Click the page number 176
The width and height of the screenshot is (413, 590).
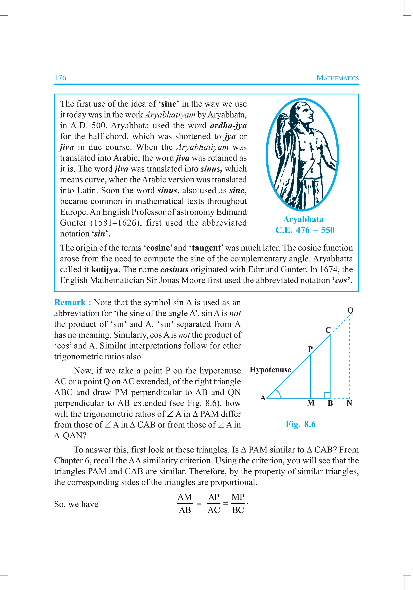pyautogui.click(x=60, y=78)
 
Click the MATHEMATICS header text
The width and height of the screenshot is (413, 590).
pyautogui.click(x=337, y=78)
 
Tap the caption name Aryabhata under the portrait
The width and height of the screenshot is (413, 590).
pyautogui.click(x=303, y=219)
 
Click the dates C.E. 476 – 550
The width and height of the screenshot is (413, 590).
pyautogui.click(x=305, y=230)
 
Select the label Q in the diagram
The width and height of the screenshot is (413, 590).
pyautogui.click(x=350, y=310)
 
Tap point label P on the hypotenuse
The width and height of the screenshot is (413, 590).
pyautogui.click(x=310, y=349)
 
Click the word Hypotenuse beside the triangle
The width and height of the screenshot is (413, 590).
pyautogui.click(x=270, y=370)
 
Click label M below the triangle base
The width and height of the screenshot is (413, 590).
pyautogui.click(x=311, y=403)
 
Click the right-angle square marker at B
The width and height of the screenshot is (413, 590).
pyautogui.click(x=327, y=395)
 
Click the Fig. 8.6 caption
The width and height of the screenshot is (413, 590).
pyautogui.click(x=300, y=424)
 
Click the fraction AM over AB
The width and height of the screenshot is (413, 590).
pyautogui.click(x=185, y=503)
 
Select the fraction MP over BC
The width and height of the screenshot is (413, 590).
pyautogui.click(x=238, y=503)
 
